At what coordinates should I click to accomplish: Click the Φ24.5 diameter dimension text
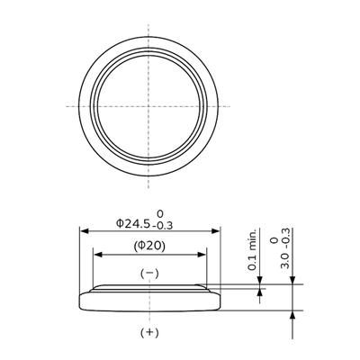pyautogui.click(x=133, y=221)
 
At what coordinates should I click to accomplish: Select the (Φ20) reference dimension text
pyautogui.click(x=150, y=246)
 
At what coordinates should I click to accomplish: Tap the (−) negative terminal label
pyautogui.click(x=150, y=273)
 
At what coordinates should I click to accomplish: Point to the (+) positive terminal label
pyautogui.click(x=150, y=333)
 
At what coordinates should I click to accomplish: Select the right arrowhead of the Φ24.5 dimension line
pyautogui.click(x=218, y=230)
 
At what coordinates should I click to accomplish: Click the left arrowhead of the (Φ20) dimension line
pyautogui.click(x=96, y=255)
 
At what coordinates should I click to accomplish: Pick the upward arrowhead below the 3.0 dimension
pyautogui.click(x=291, y=315)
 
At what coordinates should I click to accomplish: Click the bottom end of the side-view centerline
pyautogui.click(x=150, y=321)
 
